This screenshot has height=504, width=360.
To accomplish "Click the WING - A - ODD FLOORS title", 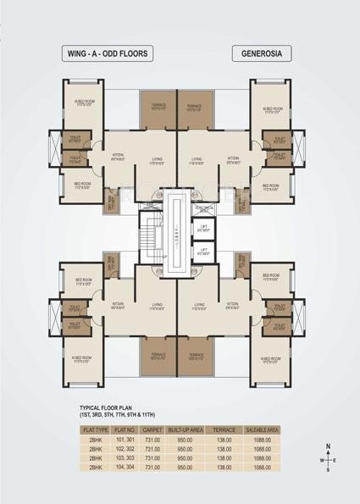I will coord(108,53).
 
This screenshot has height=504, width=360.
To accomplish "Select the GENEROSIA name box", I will coord(261,53).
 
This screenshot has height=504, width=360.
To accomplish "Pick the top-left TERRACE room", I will coord(158,107).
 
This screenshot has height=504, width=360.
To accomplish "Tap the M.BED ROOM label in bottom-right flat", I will coord(272,360).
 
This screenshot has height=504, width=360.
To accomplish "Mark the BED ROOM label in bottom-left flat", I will coord(82,281).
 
